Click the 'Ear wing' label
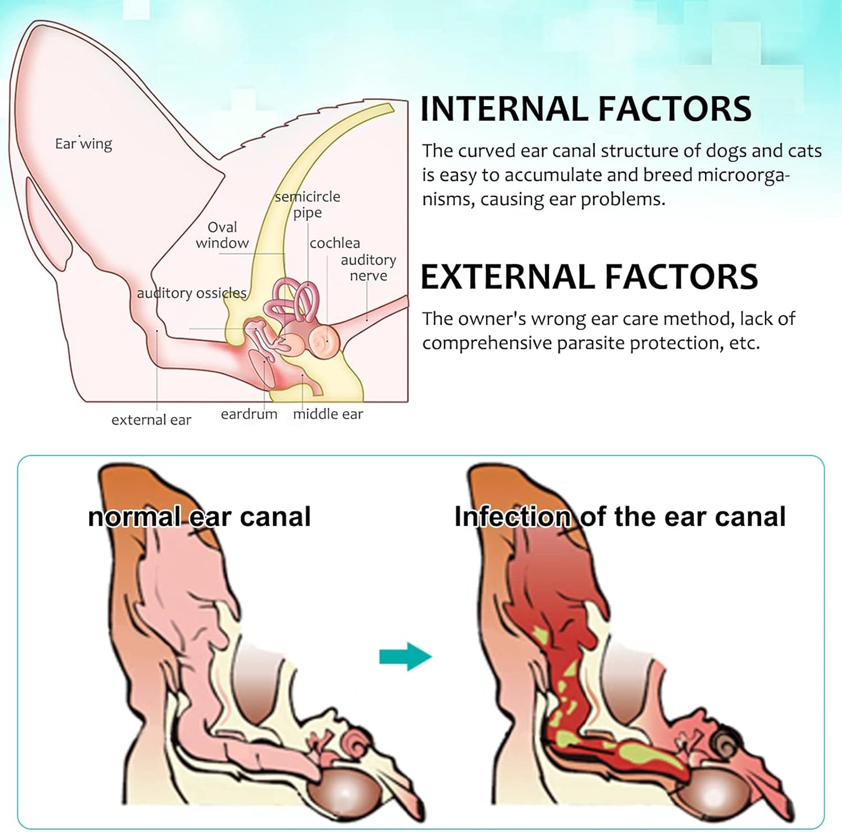83,144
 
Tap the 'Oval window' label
222,235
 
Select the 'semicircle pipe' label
307,205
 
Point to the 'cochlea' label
334,243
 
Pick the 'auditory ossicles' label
192,293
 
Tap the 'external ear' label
151,420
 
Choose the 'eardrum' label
249,414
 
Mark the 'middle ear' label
327,414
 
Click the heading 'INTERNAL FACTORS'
586,109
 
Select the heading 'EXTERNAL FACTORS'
589,277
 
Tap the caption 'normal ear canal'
199,517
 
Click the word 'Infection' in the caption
512,517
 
